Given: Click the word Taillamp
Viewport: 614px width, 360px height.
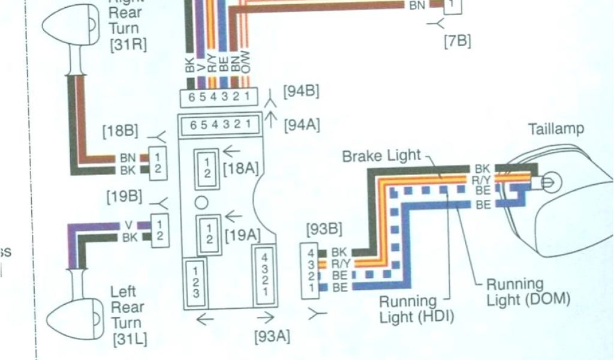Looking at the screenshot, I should coord(556,129).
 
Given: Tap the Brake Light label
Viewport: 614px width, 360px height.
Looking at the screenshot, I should coord(381,156).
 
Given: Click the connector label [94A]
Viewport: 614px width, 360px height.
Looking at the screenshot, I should coord(301,125).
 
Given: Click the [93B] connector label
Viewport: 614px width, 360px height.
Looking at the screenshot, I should coord(324,229).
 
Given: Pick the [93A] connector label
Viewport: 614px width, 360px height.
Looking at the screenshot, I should coord(272,336).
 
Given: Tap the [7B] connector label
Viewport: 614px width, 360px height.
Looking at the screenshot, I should coord(458,41).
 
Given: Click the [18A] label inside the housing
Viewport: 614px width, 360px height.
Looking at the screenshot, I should coord(240,169).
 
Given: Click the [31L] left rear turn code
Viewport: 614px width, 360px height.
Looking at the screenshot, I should coord(129,339).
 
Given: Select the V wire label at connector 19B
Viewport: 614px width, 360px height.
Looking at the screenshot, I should coord(128,225).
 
